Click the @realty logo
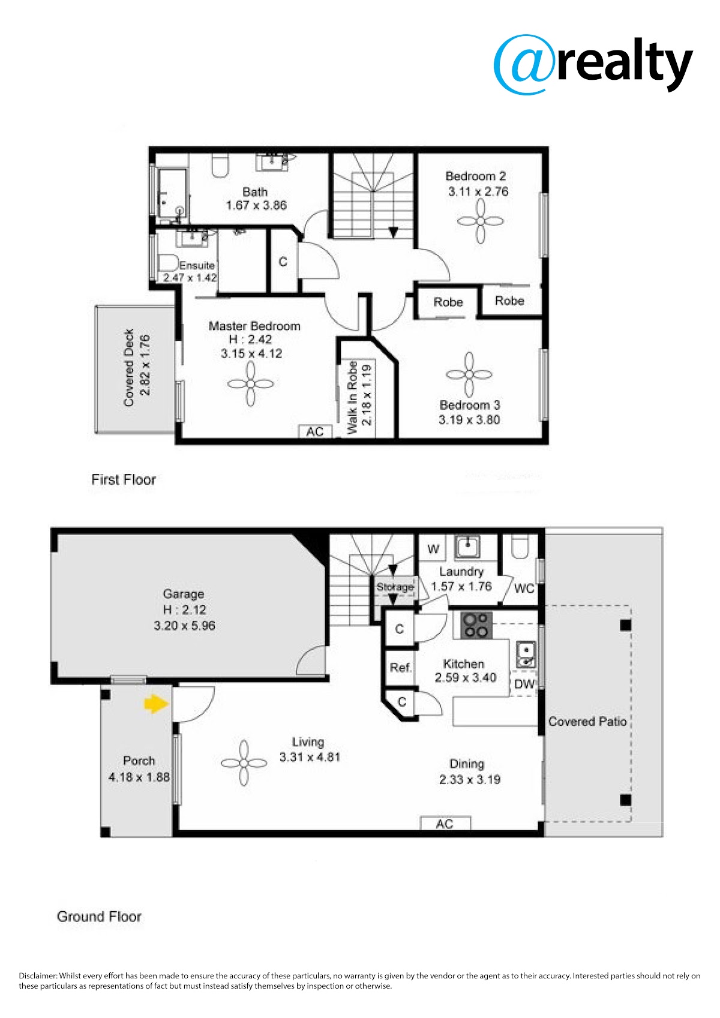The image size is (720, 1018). tap(593, 65)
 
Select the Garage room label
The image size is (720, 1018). tap(184, 594)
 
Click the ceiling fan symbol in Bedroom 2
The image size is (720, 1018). tap(481, 221)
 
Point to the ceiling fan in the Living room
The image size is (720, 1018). tap(244, 763)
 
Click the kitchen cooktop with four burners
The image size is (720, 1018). tap(477, 625)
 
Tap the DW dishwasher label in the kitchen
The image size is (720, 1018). tap(524, 684)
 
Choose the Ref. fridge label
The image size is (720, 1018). tap(400, 668)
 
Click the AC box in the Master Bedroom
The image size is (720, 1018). tap(315, 431)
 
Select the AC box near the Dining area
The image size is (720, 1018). tap(445, 824)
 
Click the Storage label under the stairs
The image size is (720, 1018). tap(395, 587)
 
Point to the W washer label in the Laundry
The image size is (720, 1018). tap(433, 549)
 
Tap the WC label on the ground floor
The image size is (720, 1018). tap(524, 588)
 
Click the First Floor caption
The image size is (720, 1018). tap(124, 479)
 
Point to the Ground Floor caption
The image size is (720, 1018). tap(99, 917)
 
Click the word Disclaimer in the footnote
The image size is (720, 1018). tap(38, 975)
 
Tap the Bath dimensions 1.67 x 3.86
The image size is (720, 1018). tap(256, 205)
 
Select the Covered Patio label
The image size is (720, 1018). tap(587, 721)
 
